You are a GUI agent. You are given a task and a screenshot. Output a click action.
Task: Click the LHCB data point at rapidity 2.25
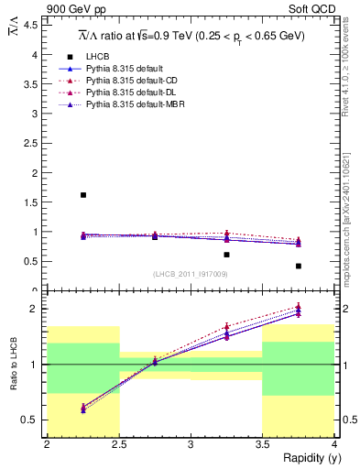(83, 195)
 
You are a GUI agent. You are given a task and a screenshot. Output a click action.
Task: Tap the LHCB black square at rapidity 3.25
(226, 255)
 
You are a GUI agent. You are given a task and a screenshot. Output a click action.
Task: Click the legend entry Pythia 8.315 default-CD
(131, 81)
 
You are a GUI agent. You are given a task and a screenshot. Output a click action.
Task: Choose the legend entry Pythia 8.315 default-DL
(131, 93)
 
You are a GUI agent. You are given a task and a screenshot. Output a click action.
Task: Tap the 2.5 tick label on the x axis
(118, 444)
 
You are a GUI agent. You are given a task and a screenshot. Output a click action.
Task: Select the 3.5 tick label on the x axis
(262, 444)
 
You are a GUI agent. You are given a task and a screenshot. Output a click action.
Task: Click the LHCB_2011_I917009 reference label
(191, 273)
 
